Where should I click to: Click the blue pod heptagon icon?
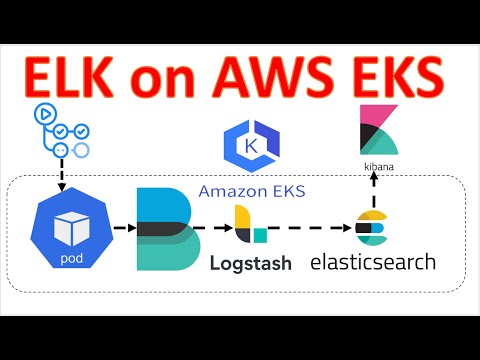point(69,226)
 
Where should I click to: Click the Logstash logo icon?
point(250,226)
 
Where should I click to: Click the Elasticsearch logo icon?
point(372,228)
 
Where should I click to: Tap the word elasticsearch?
point(373,263)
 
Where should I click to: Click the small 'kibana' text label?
point(376,159)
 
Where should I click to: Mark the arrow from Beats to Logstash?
point(213,228)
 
